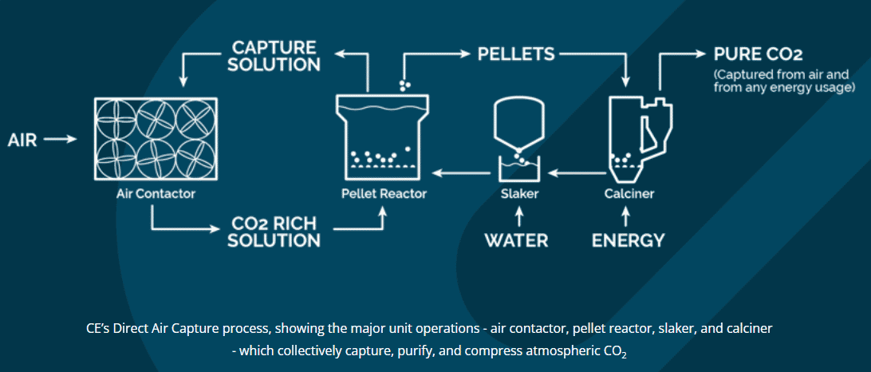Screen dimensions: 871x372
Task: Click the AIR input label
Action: (22, 140)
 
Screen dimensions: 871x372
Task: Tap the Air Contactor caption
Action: (156, 194)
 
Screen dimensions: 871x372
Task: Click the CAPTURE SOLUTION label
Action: (275, 55)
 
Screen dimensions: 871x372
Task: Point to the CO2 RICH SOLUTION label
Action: (275, 232)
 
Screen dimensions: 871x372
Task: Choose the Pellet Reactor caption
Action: (384, 194)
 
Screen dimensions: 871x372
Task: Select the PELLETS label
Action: (516, 54)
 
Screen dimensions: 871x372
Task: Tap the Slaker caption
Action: (519, 194)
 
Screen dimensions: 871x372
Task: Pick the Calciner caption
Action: (629, 194)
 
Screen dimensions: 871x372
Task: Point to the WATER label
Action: (517, 240)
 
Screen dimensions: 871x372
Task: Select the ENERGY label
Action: (628, 240)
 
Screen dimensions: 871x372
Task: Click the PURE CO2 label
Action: (759, 54)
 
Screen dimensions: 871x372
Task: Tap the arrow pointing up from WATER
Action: (519, 217)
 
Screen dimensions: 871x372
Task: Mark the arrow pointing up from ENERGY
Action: (628, 217)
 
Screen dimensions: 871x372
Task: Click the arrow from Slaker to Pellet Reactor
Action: (462, 173)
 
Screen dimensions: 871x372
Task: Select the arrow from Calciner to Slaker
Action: (576, 173)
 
